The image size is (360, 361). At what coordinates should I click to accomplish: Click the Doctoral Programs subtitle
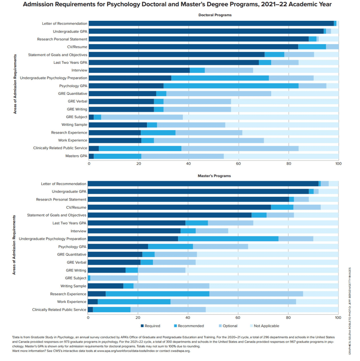[215, 15]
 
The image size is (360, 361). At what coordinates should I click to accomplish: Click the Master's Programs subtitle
[214, 176]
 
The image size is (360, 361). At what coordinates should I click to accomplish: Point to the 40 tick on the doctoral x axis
[189, 164]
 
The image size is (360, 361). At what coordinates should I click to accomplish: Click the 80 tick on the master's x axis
[288, 317]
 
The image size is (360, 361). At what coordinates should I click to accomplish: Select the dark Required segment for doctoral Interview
[139, 70]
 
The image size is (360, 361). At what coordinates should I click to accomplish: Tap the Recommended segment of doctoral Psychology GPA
[231, 86]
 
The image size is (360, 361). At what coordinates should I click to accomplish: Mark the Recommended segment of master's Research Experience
[157, 294]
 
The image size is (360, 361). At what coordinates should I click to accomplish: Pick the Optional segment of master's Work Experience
[233, 301]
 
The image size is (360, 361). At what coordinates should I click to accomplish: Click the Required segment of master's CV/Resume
[179, 207]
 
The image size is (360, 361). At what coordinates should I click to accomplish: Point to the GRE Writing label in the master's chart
[76, 270]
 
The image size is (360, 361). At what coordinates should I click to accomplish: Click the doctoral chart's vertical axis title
[15, 89]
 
